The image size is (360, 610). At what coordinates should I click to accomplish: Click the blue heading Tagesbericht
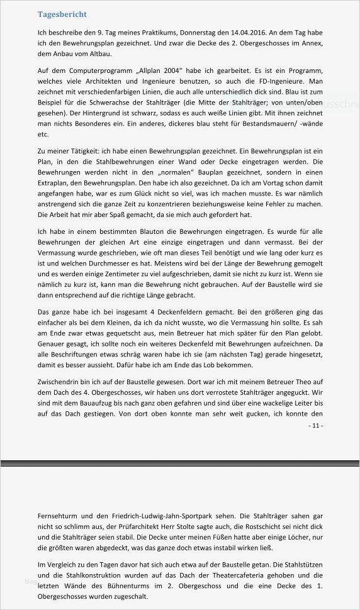(62, 14)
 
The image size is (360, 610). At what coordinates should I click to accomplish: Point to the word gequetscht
(123, 334)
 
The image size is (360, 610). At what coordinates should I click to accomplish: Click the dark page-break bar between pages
(180, 463)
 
